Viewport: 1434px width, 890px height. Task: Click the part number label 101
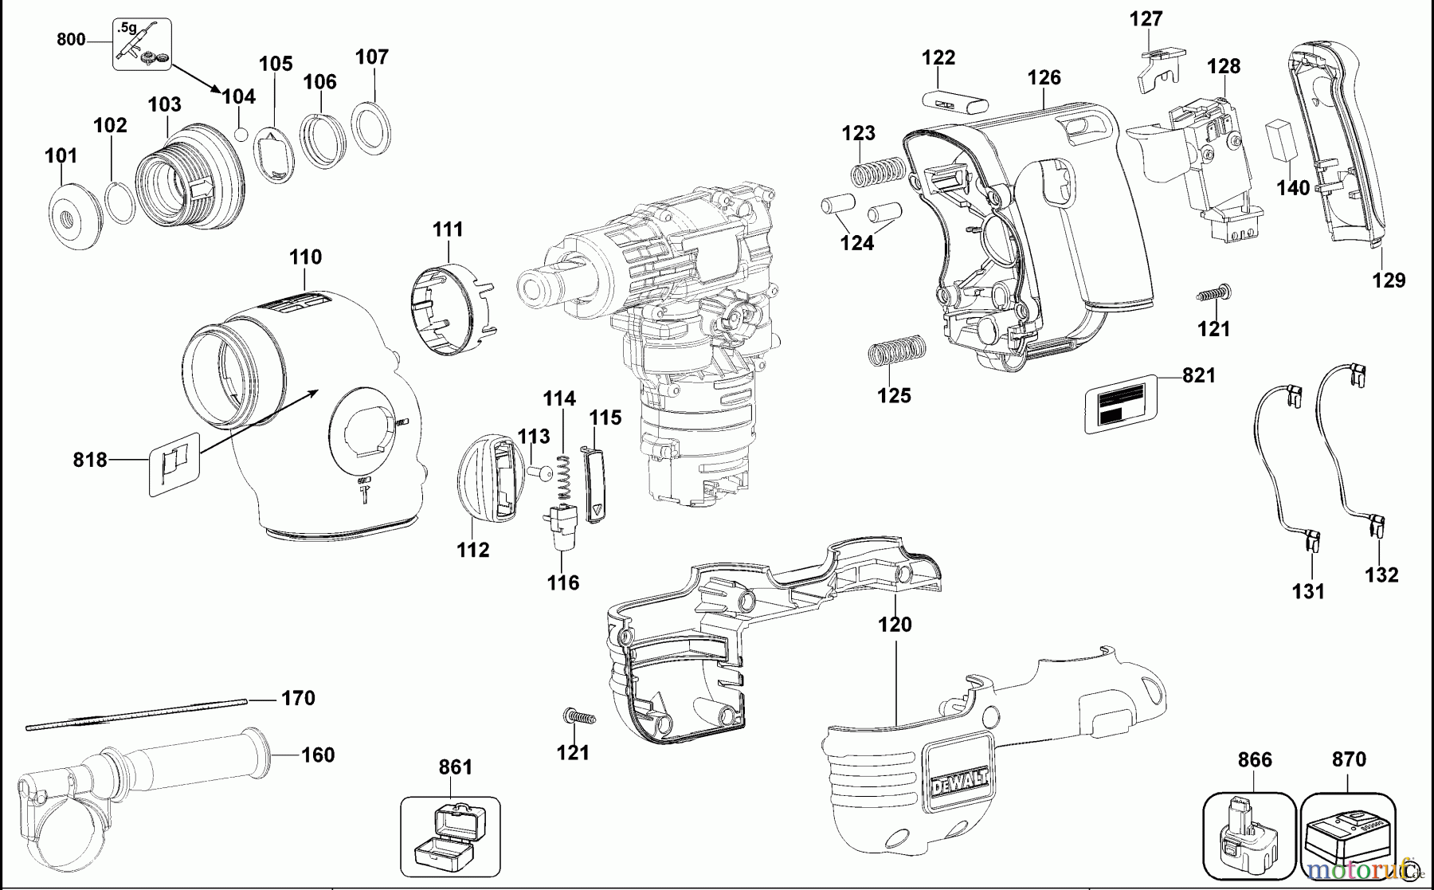click(x=61, y=155)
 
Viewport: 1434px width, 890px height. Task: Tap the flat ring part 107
click(x=372, y=127)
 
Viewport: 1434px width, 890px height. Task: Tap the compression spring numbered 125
click(x=896, y=351)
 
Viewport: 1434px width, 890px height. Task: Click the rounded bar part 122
click(x=954, y=104)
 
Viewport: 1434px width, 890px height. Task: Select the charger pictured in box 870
click(x=1349, y=837)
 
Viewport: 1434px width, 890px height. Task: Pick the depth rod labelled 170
click(x=135, y=713)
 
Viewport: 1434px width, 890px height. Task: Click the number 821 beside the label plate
click(x=1199, y=375)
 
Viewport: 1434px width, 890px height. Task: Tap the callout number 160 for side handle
click(x=317, y=754)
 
